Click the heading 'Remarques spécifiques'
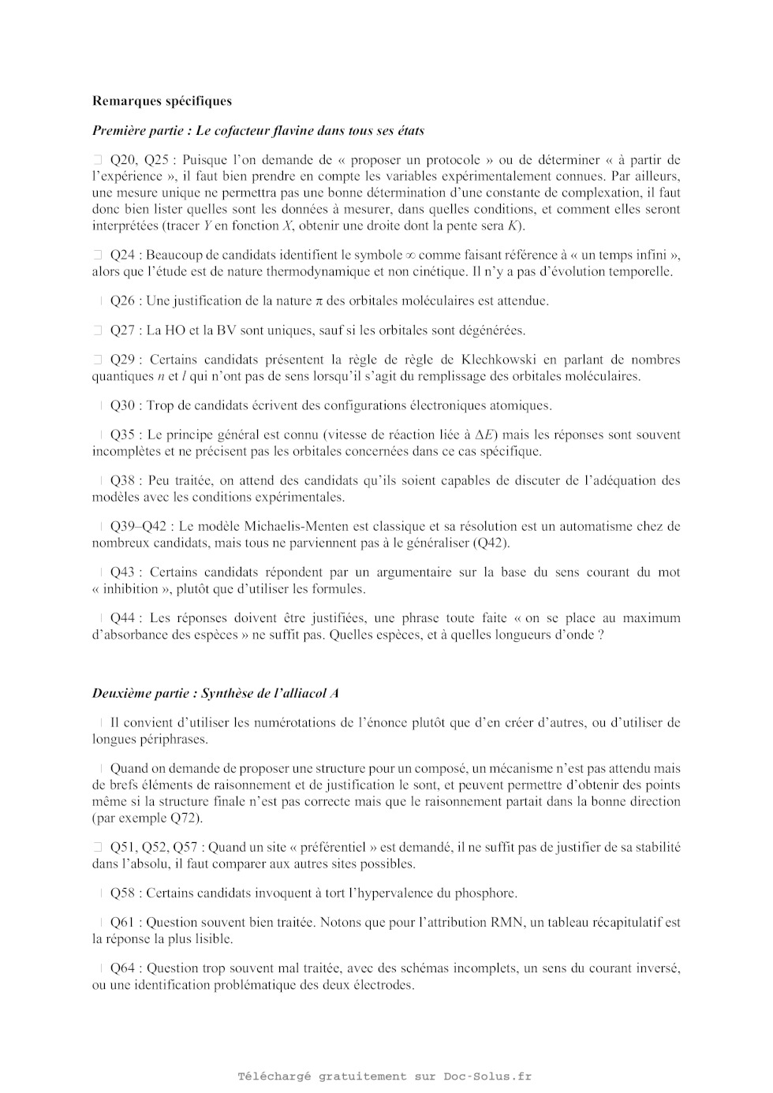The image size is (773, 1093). pyautogui.click(x=162, y=101)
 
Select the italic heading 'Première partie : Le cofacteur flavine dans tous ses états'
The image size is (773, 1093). pyautogui.click(x=258, y=131)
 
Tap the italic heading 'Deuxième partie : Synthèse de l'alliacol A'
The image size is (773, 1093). pyautogui.click(x=215, y=693)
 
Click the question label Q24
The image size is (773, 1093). pyautogui.click(x=122, y=255)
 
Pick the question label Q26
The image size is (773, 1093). pyautogui.click(x=122, y=300)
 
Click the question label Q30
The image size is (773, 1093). pyautogui.click(x=122, y=405)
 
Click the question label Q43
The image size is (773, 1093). pyautogui.click(x=122, y=572)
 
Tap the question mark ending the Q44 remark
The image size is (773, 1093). pyautogui.click(x=601, y=635)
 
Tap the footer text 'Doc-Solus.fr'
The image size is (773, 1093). pyautogui.click(x=487, y=1076)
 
